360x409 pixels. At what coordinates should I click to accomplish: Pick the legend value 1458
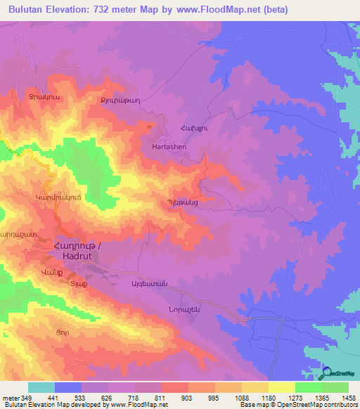tap(348, 398)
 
